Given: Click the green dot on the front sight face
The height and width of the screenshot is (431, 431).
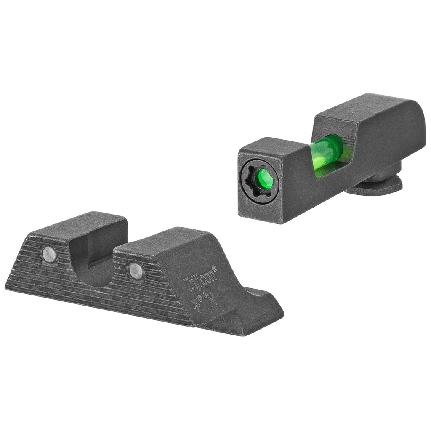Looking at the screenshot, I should [265, 179].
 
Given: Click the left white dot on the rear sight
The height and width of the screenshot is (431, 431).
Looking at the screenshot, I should [49, 254].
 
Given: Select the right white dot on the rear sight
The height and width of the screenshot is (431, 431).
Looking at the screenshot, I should [136, 271].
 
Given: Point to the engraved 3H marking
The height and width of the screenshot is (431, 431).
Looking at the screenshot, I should [212, 300].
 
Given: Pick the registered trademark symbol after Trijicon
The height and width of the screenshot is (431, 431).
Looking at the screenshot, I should [215, 267].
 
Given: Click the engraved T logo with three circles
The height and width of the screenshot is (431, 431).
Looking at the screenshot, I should [195, 302].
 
